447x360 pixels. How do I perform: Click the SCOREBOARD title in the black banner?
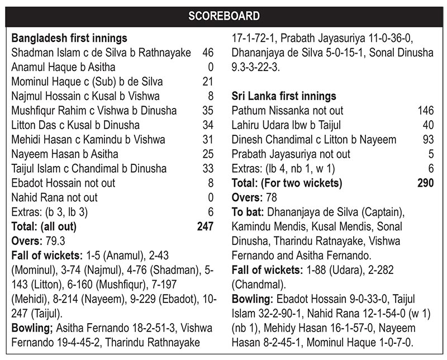point(223,15)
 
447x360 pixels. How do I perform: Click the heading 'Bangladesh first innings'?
point(69,39)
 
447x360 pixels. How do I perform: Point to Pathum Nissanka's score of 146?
point(425,111)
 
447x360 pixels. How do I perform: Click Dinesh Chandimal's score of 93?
point(428,140)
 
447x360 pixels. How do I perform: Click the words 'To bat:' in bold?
point(248,212)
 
